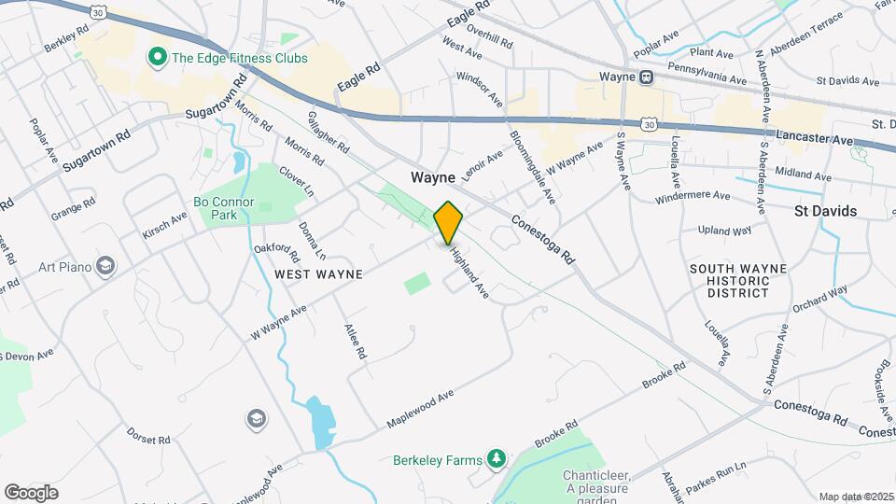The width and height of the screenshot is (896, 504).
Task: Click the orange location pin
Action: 449,222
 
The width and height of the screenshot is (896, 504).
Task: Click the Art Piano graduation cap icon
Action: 105,267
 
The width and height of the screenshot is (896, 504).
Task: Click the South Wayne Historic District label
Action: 737,281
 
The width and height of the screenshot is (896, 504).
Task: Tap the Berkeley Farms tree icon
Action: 497,458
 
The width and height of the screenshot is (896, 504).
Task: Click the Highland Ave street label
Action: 469,272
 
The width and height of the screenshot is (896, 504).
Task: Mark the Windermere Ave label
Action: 693,197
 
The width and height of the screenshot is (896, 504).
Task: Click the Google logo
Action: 31,492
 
